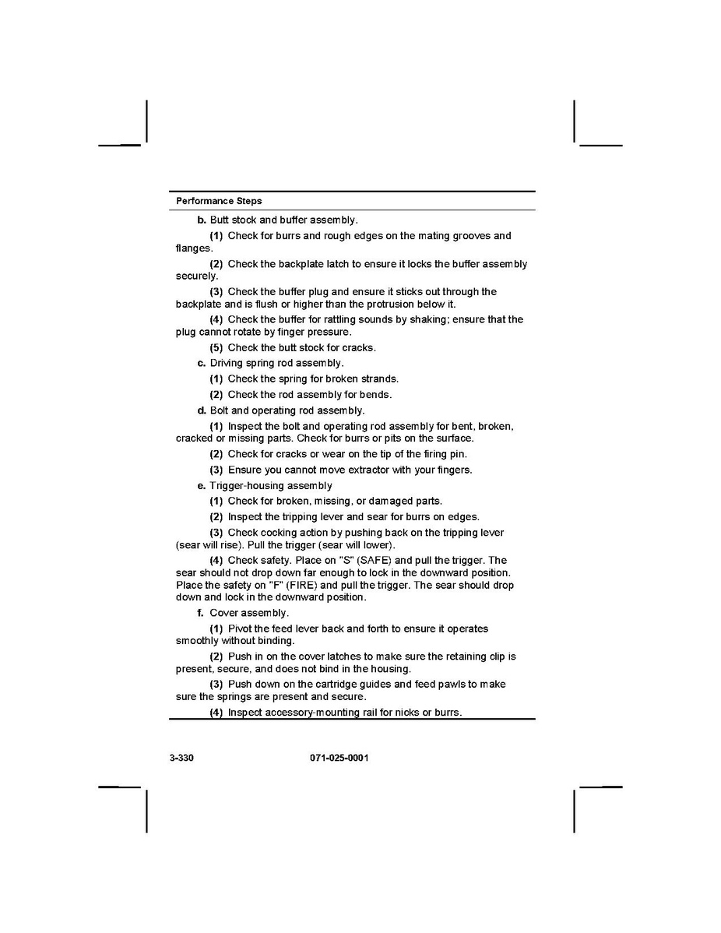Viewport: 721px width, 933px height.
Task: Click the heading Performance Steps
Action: point(219,201)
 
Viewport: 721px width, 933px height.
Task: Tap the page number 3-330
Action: point(181,758)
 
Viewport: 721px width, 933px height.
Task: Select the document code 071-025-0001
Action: point(333,758)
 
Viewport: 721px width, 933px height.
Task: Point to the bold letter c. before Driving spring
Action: point(202,363)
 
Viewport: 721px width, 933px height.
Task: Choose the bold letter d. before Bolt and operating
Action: point(202,410)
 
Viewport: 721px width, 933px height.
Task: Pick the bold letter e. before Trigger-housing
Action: point(202,485)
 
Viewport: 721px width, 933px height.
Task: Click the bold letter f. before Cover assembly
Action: point(201,613)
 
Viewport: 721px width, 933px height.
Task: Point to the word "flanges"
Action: point(193,248)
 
